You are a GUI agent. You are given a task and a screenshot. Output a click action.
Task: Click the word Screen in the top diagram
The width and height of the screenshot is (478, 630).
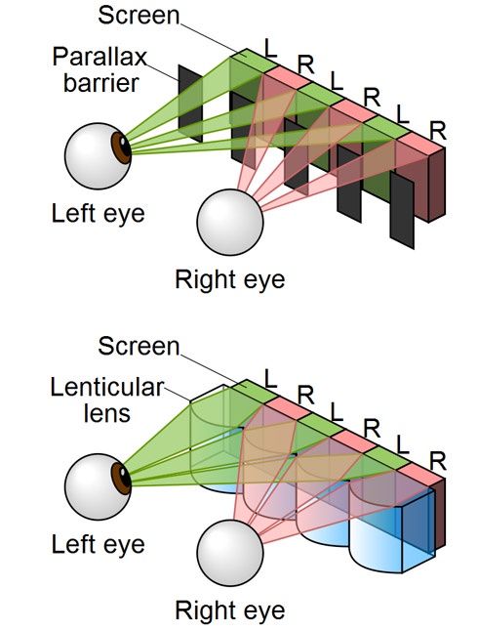tap(139, 16)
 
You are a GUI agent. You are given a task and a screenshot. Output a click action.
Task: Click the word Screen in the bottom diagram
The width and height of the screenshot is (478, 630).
tap(139, 346)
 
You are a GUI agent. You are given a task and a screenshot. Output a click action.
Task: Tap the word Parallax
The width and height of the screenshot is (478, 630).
tap(100, 58)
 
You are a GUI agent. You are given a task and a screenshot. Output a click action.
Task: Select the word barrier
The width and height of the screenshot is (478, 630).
tap(101, 83)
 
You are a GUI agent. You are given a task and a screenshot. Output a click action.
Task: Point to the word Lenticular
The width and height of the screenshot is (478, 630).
tap(106, 388)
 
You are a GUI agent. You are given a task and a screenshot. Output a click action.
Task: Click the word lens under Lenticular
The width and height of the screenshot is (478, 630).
tap(106, 413)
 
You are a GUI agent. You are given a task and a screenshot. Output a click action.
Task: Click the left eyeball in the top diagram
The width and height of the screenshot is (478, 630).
tap(98, 156)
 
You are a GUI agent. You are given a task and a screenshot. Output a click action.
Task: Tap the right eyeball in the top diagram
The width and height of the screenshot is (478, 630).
tap(230, 222)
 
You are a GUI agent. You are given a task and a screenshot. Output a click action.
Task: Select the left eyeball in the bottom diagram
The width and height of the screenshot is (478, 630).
tap(98, 486)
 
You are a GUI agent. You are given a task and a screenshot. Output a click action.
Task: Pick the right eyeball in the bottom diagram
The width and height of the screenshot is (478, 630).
tap(230, 553)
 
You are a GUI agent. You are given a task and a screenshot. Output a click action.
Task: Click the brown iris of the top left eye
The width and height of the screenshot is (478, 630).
tap(121, 147)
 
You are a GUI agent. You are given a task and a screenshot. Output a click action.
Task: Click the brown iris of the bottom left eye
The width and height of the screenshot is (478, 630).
tap(121, 479)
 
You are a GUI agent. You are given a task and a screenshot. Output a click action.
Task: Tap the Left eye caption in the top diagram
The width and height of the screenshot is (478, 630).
tap(98, 213)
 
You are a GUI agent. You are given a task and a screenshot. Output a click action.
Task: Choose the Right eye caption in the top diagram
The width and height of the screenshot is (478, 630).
tap(230, 279)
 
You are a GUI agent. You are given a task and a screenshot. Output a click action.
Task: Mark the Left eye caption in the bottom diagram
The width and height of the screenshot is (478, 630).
tap(98, 544)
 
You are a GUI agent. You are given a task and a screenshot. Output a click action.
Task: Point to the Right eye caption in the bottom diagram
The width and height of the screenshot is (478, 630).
tap(230, 610)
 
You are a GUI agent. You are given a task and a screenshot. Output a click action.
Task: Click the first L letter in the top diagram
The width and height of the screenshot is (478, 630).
tap(271, 48)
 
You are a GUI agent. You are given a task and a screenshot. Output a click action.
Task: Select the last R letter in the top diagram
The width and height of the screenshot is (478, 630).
tap(438, 131)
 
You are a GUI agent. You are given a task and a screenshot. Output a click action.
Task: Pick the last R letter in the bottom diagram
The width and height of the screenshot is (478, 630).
tap(438, 461)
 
